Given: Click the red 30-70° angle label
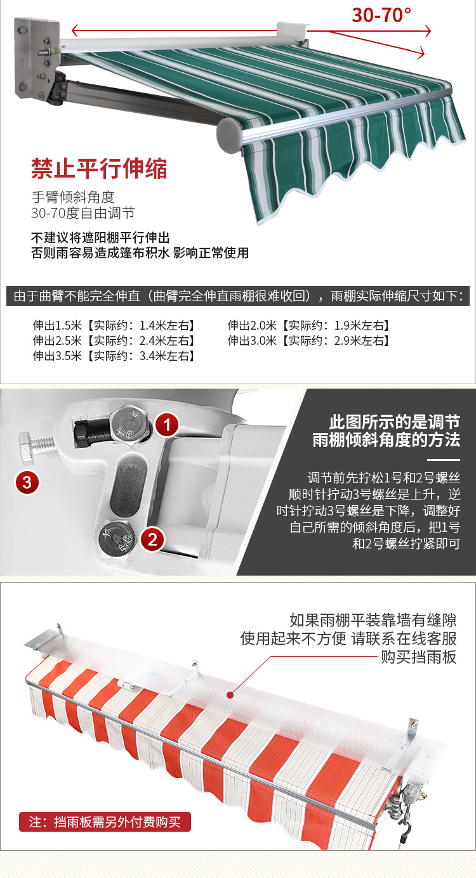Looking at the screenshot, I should (381, 14).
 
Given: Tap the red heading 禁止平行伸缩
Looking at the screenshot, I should (100, 169).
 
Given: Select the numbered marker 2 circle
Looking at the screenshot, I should (152, 540).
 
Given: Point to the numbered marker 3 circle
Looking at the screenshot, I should (27, 482).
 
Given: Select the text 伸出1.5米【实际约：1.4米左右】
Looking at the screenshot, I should (114, 326).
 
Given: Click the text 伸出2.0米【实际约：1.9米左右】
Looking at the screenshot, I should (308, 326).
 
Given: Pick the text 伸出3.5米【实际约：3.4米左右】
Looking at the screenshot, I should (114, 356).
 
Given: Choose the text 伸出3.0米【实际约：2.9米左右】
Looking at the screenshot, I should (308, 341).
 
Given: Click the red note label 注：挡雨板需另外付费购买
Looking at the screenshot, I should (105, 822).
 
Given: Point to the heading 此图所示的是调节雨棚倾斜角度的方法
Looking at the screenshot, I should (394, 431).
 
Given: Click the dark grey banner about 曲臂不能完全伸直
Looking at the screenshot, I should (237, 297).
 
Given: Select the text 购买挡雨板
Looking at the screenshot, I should (418, 657).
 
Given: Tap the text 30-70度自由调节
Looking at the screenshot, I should (83, 213).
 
